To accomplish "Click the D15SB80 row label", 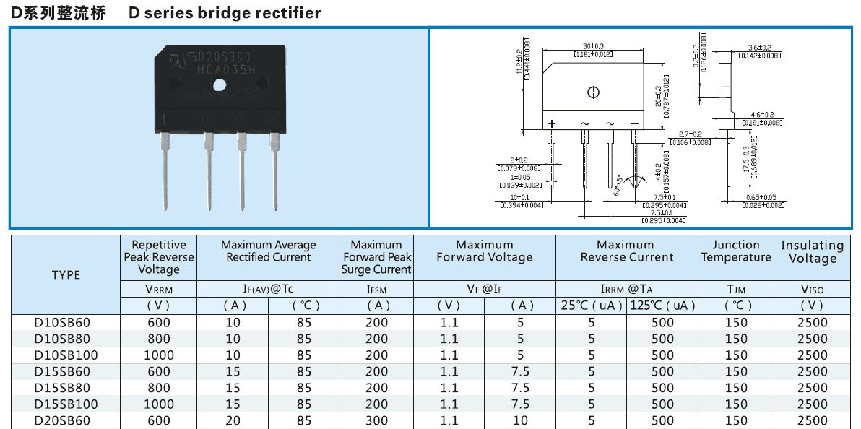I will point(66,388).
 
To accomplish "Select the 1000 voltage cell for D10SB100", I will point(159,355).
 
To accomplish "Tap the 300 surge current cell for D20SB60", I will point(376,420).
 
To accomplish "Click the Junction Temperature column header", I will point(736,251).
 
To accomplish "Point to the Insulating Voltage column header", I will point(813,252).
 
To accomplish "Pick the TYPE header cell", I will point(66,274).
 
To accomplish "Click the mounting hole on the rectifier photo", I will point(220,85).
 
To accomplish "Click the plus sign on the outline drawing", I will point(551,123).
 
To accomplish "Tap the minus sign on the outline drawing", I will point(635,123).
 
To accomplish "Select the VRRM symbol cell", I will point(159,290).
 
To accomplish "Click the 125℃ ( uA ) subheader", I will point(662,305).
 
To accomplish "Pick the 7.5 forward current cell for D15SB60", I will point(520,371).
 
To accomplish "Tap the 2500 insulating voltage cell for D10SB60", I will point(813,322).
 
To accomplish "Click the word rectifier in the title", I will point(288,13).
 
